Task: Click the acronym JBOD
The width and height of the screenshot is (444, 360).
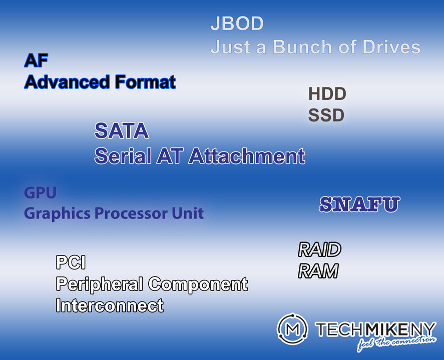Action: pyautogui.click(x=237, y=23)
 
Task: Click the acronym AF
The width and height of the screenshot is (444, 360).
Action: pyautogui.click(x=36, y=61)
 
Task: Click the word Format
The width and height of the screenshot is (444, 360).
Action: pyautogui.click(x=145, y=81)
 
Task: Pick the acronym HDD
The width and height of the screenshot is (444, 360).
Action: pyautogui.click(x=327, y=93)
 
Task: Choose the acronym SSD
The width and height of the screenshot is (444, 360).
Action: pyautogui.click(x=326, y=115)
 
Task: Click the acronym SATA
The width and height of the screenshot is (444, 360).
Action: pyautogui.click(x=122, y=131)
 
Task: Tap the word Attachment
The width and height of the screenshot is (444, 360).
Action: pyautogui.click(x=246, y=156)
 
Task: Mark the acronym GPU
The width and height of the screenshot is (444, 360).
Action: pyautogui.click(x=40, y=192)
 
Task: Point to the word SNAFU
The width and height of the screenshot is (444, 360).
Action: pyautogui.click(x=359, y=204)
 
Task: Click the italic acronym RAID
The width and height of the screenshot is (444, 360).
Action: pyautogui.click(x=319, y=249)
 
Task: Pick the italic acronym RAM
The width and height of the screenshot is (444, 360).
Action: pyautogui.click(x=318, y=271)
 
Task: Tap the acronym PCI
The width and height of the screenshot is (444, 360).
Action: pyautogui.click(x=71, y=262)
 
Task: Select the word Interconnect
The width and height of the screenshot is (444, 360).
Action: pyautogui.click(x=110, y=305)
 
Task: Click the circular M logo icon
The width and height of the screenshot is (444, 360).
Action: pyautogui.click(x=292, y=328)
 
